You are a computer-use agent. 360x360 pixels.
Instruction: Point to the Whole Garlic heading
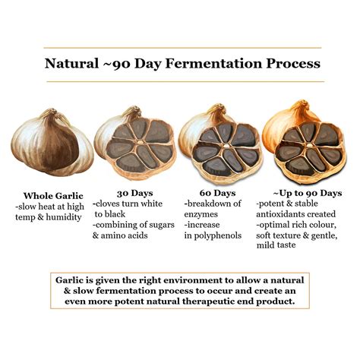(55, 194)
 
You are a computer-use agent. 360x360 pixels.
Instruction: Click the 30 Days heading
(134, 193)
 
